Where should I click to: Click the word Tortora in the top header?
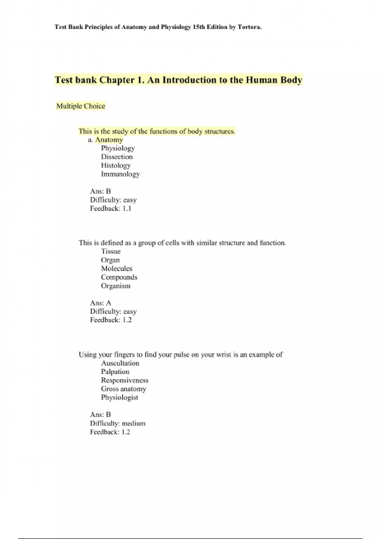pyautogui.click(x=249, y=27)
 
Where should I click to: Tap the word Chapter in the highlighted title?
pyautogui.click(x=117, y=80)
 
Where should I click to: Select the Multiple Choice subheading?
pyautogui.click(x=81, y=106)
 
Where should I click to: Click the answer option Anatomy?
pyautogui.click(x=109, y=140)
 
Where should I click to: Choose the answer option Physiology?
pyautogui.click(x=118, y=148)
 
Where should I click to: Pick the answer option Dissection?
pyautogui.click(x=117, y=157)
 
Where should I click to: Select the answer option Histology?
pyautogui.click(x=116, y=166)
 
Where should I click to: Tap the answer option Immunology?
pyautogui.click(x=120, y=174)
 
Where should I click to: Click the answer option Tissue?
pyautogui.click(x=111, y=251)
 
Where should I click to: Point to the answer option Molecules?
pyautogui.click(x=117, y=269)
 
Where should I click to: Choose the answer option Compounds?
pyautogui.click(x=119, y=277)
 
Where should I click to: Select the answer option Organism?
pyautogui.click(x=116, y=286)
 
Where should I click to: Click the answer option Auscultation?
pyautogui.click(x=120, y=363)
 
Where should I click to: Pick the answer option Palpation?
pyautogui.click(x=115, y=372)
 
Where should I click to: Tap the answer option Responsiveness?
pyautogui.click(x=124, y=380)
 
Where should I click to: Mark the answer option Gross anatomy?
pyautogui.click(x=124, y=389)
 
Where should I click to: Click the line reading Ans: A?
pyautogui.click(x=101, y=303)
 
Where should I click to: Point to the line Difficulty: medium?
pyautogui.click(x=117, y=424)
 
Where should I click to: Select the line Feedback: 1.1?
pyautogui.click(x=110, y=209)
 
